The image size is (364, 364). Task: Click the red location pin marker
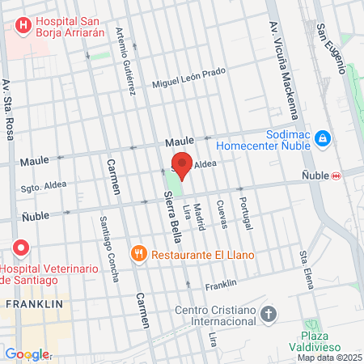[x=183, y=165]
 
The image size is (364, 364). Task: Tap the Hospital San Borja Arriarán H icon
[x=23, y=25]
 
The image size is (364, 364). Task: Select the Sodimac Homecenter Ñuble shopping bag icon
[x=323, y=140]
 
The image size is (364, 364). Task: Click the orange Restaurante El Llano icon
[x=140, y=254]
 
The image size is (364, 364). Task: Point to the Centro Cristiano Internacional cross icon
[x=269, y=312]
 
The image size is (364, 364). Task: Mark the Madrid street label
[x=199, y=216]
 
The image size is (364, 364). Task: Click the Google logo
[x=26, y=354]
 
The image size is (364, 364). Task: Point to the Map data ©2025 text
[x=329, y=358]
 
